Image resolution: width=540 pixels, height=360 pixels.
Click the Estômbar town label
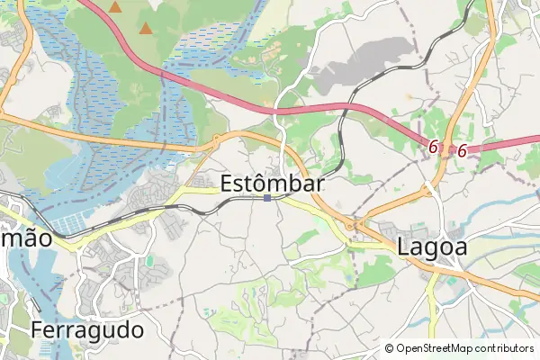(272, 181)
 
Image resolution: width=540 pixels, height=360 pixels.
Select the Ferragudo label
(87, 330)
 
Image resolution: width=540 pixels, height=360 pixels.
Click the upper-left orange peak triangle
(115, 7)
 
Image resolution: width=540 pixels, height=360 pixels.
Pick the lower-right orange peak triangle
(146, 29)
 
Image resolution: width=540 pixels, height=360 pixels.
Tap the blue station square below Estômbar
(267, 198)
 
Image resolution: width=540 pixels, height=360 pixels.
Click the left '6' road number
(433, 146)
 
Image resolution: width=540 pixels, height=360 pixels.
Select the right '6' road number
(462, 151)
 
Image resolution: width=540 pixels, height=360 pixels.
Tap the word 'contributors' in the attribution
(504, 348)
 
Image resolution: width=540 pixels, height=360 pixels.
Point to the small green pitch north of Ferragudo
(149, 262)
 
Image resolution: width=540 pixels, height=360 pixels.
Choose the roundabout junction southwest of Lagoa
(358, 223)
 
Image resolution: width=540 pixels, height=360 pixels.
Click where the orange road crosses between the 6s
(447, 147)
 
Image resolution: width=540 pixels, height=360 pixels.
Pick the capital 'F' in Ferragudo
(37, 330)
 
